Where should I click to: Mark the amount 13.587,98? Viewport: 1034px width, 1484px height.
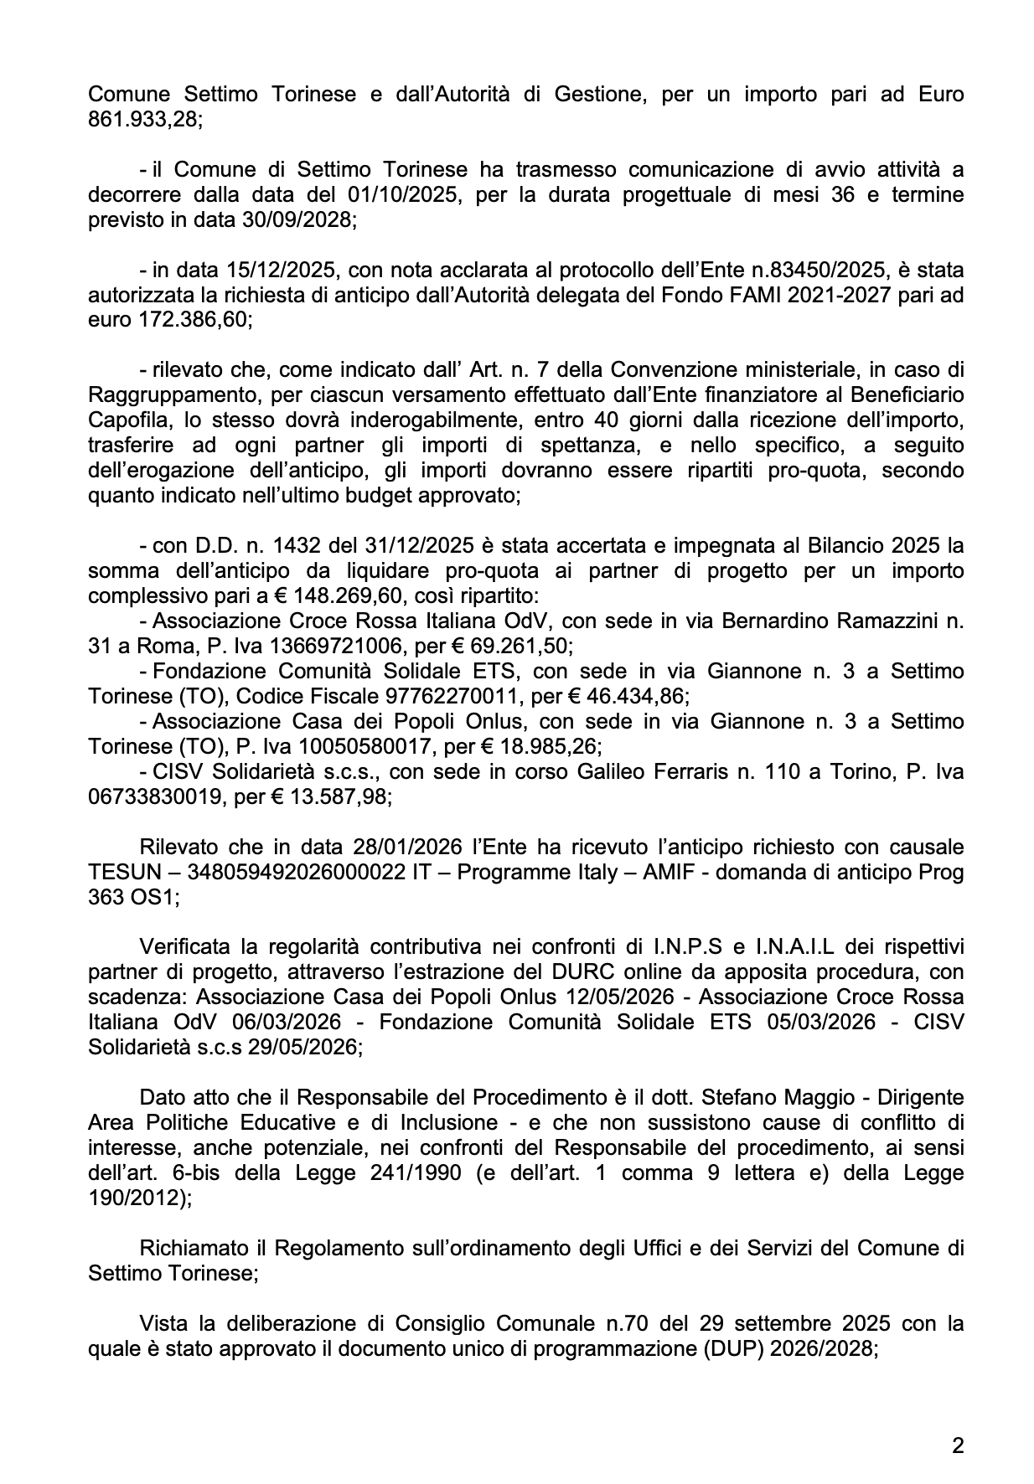[349, 796]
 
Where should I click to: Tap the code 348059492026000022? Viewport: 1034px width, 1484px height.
[297, 872]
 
